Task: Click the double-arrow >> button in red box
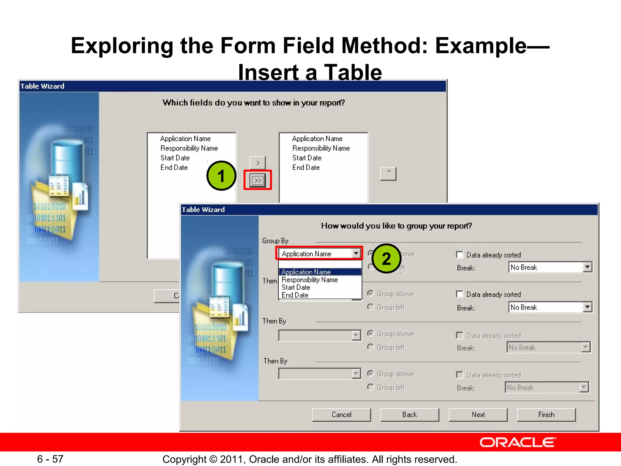257,180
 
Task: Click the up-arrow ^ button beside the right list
388,174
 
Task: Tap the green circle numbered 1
221,176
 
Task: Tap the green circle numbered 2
386,258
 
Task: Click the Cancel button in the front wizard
341,415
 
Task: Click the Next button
478,415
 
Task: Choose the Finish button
546,415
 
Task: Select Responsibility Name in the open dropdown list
310,280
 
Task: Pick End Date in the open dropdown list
295,295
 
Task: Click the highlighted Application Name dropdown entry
306,272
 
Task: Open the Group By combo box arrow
356,253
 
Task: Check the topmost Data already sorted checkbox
460,255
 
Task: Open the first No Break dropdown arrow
587,267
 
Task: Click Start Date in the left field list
175,158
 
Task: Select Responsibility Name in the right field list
321,148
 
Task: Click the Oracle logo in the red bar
518,442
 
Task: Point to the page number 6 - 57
50,459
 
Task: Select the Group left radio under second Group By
370,307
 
